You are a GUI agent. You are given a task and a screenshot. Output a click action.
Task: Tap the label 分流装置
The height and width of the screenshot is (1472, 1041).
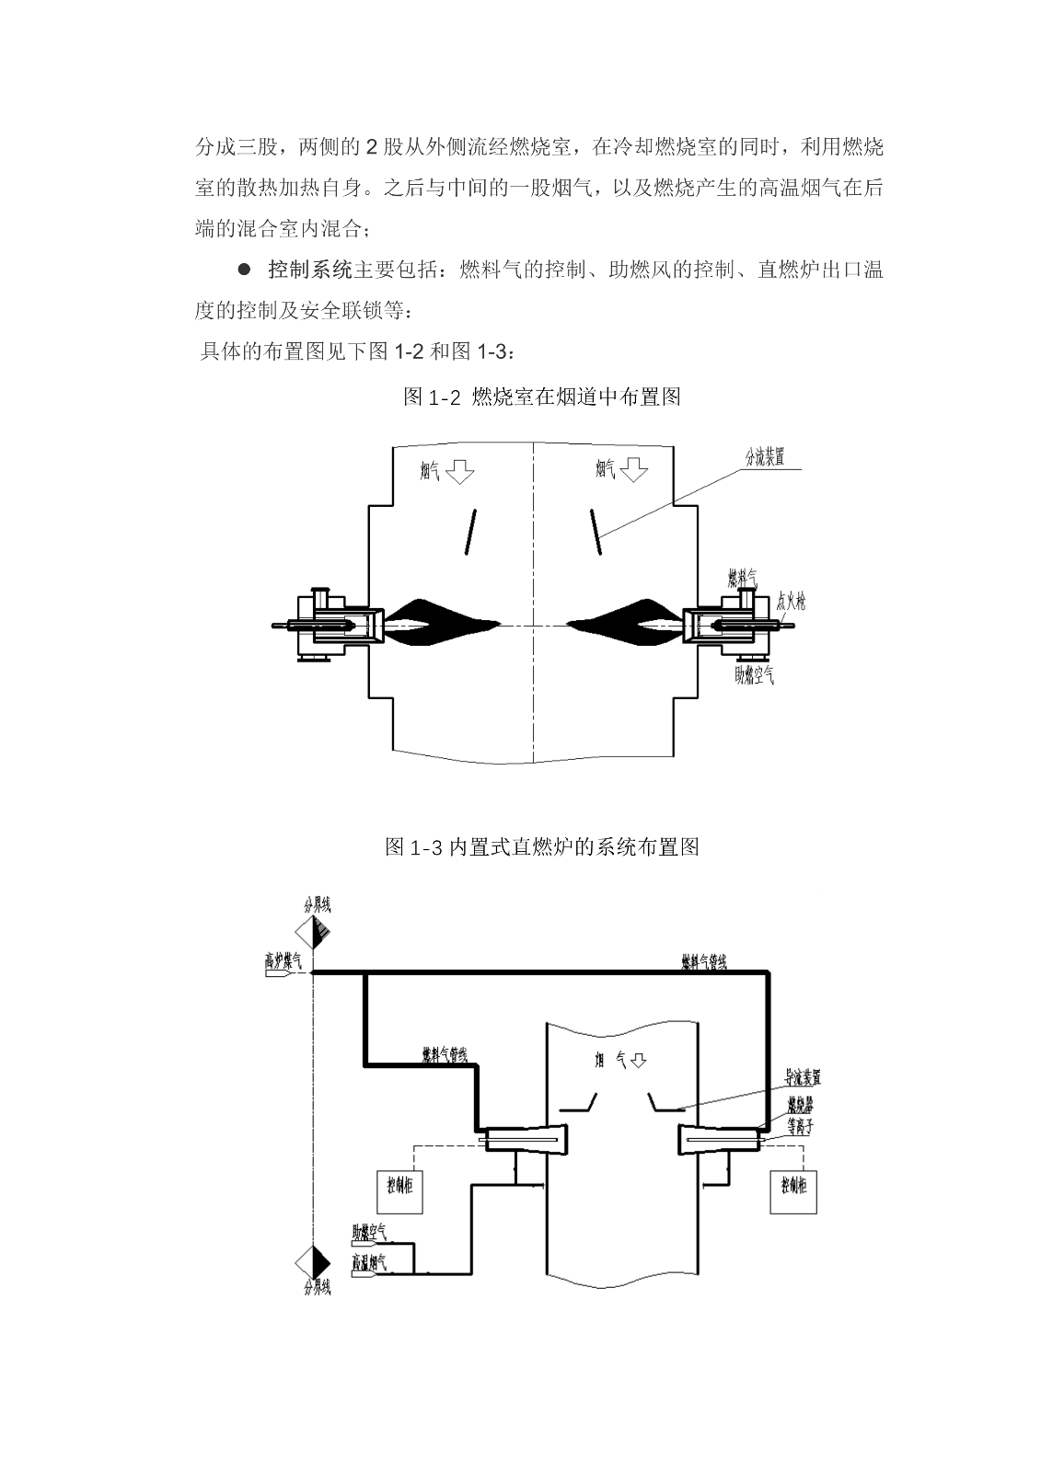(x=764, y=457)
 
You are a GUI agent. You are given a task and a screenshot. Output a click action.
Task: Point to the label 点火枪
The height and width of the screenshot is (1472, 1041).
(x=791, y=603)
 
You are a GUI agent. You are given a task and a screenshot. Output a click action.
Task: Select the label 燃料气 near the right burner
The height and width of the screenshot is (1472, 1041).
(x=742, y=579)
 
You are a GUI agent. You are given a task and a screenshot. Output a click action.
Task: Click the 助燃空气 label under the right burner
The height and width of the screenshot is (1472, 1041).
(x=754, y=675)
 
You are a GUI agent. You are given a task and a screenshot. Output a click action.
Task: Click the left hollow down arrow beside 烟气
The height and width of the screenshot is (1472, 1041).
(x=459, y=472)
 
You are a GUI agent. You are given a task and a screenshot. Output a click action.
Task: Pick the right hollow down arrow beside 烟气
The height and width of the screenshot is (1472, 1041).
(x=634, y=471)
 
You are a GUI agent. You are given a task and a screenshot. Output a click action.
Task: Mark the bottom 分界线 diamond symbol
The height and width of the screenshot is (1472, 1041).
(x=315, y=1259)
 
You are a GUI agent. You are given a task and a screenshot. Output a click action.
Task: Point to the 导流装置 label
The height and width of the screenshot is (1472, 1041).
(x=802, y=1077)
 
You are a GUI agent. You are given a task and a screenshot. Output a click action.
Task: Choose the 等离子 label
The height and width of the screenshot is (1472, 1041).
(x=799, y=1126)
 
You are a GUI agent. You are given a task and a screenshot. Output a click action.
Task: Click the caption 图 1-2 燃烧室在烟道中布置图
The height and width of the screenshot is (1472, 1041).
(x=541, y=397)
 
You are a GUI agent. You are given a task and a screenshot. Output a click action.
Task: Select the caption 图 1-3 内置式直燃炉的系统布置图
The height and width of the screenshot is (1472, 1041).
(x=541, y=846)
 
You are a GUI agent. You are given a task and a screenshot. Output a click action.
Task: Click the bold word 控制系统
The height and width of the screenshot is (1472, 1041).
(x=310, y=270)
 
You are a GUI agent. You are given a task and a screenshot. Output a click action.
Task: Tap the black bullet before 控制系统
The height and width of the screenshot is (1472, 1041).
(x=245, y=270)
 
